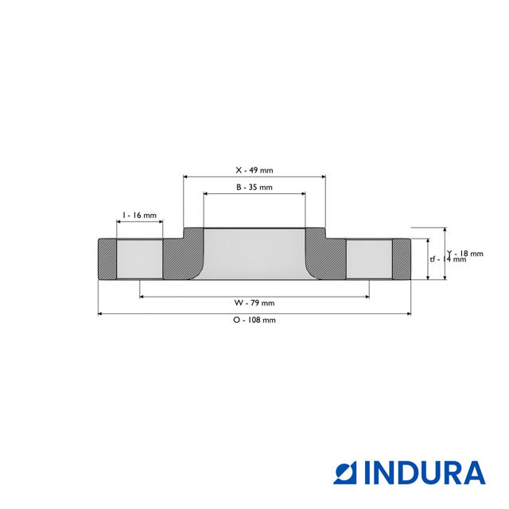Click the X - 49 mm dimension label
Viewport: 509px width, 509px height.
(254, 170)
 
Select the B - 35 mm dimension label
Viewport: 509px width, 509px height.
(254, 188)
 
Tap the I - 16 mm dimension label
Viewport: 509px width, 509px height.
(138, 216)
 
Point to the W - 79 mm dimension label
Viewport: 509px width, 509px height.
(254, 303)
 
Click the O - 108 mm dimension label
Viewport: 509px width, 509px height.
(254, 320)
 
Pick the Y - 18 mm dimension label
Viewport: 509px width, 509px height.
(465, 253)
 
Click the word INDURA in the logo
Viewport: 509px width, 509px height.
(425, 472)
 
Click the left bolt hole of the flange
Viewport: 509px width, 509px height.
(140, 259)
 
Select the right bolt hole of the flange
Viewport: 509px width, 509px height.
(369, 259)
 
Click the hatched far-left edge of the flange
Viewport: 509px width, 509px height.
(107, 259)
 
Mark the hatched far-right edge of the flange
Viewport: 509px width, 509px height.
(402, 259)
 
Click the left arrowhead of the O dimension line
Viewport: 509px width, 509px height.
(100, 314)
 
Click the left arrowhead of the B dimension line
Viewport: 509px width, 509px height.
(206, 193)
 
